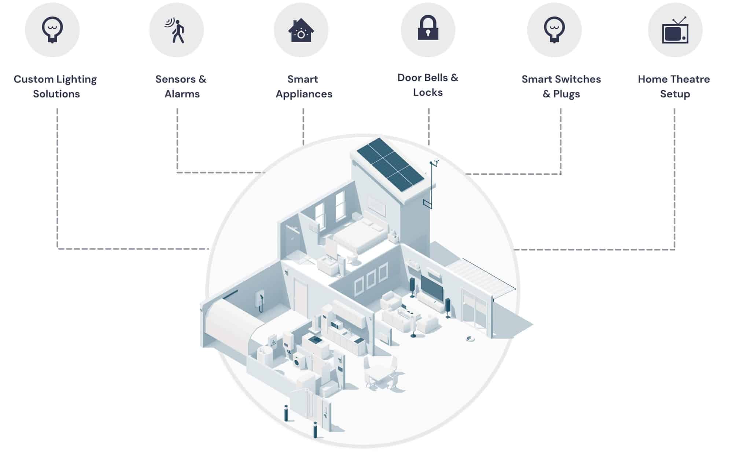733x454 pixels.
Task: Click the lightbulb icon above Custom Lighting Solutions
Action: click(52, 30)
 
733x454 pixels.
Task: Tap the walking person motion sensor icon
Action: click(176, 30)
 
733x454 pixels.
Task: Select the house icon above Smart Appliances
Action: click(301, 30)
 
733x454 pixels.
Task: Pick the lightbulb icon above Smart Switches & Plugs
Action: click(554, 30)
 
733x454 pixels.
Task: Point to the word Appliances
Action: click(304, 94)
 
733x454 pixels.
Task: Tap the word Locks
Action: click(428, 93)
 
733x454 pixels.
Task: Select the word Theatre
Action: click(690, 79)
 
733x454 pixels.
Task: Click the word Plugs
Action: click(566, 94)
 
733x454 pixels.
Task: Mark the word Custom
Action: click(33, 79)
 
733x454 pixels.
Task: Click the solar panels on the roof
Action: click(390, 164)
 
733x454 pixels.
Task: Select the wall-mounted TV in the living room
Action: click(432, 287)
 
